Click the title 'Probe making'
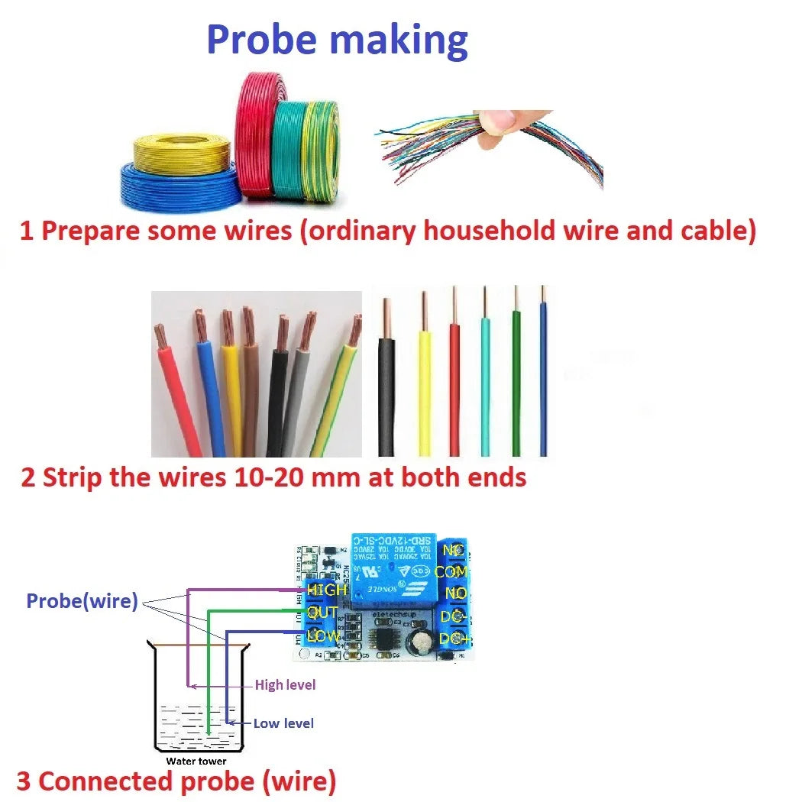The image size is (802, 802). click(x=337, y=40)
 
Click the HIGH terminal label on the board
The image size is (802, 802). click(x=326, y=590)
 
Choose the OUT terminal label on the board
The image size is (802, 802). click(x=323, y=613)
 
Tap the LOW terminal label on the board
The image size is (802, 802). click(x=323, y=635)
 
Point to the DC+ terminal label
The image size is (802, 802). click(x=454, y=639)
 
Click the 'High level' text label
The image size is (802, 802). click(x=285, y=685)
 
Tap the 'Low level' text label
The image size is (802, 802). click(x=283, y=723)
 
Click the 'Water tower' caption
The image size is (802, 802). click(x=196, y=761)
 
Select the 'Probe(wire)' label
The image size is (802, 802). click(x=82, y=601)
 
